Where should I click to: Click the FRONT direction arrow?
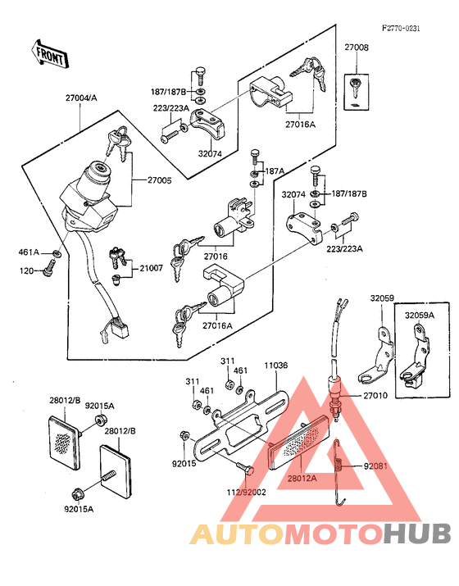[x=49, y=54]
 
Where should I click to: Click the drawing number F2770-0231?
[x=401, y=29]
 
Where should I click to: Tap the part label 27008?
[x=357, y=48]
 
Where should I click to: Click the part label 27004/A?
[x=81, y=98]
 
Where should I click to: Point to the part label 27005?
[x=160, y=180]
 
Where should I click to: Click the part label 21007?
[x=151, y=268]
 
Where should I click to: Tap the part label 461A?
[x=29, y=252]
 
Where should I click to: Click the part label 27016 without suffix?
[x=216, y=257]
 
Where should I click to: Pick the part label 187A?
[x=275, y=170]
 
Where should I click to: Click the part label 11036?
[x=276, y=366]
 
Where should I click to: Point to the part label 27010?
[x=375, y=395]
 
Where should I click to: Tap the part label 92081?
[x=375, y=466]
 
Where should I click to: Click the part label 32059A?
[x=420, y=315]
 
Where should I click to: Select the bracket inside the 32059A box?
[x=415, y=356]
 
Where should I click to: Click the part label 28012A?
[x=302, y=478]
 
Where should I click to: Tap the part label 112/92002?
[x=247, y=493]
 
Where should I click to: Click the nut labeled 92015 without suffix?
[x=184, y=435]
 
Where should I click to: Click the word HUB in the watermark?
[x=417, y=534]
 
